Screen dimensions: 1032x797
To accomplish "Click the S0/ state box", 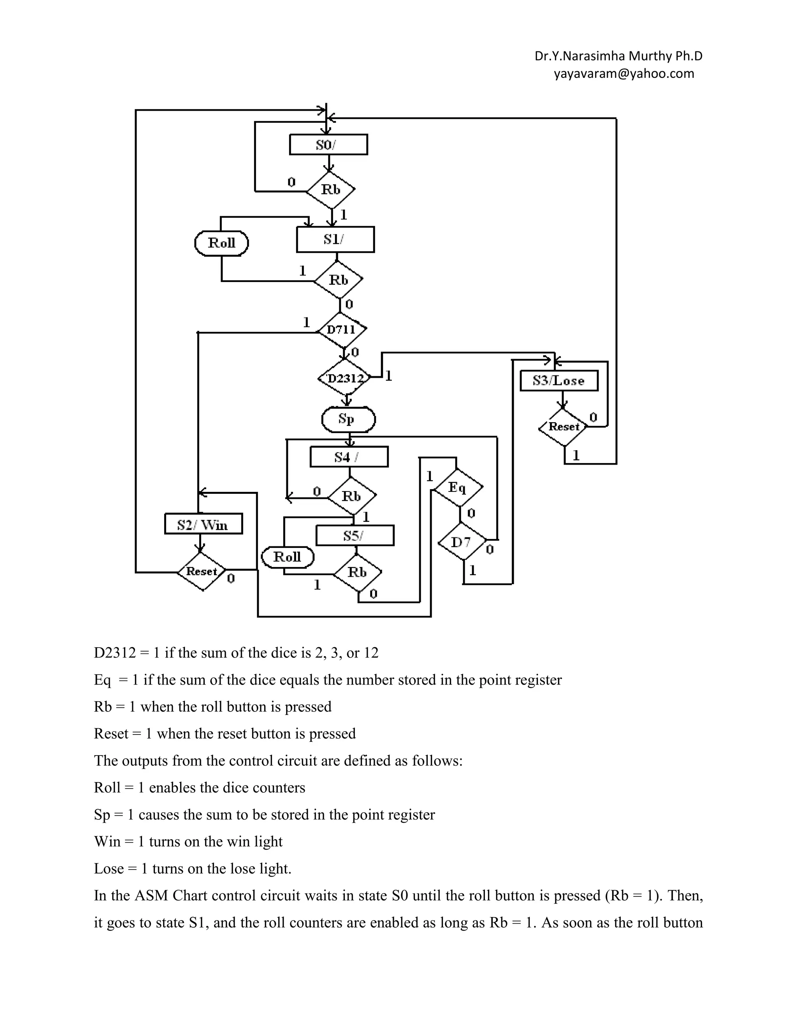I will tap(328, 144).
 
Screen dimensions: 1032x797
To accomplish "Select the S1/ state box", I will tap(335, 240).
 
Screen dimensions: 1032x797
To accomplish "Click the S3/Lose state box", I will tap(559, 381).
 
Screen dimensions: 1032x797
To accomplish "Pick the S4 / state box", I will tap(349, 457).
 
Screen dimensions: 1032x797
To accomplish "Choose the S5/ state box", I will tap(355, 536).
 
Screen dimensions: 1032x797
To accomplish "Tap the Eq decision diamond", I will tap(458, 487).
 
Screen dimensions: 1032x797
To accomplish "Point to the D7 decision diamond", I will tap(461, 542).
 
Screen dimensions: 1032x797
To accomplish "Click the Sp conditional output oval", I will tap(348, 419).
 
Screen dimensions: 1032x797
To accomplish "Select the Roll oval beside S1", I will tap(221, 243).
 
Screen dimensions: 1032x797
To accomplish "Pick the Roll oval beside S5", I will tap(287, 557).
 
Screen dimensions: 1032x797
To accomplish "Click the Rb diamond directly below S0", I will tap(330, 190).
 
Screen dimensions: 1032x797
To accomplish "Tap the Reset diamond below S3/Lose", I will tap(563, 427).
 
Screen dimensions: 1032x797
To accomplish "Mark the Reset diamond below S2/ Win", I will tap(202, 572).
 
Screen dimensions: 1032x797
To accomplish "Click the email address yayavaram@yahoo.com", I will tap(624, 74).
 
